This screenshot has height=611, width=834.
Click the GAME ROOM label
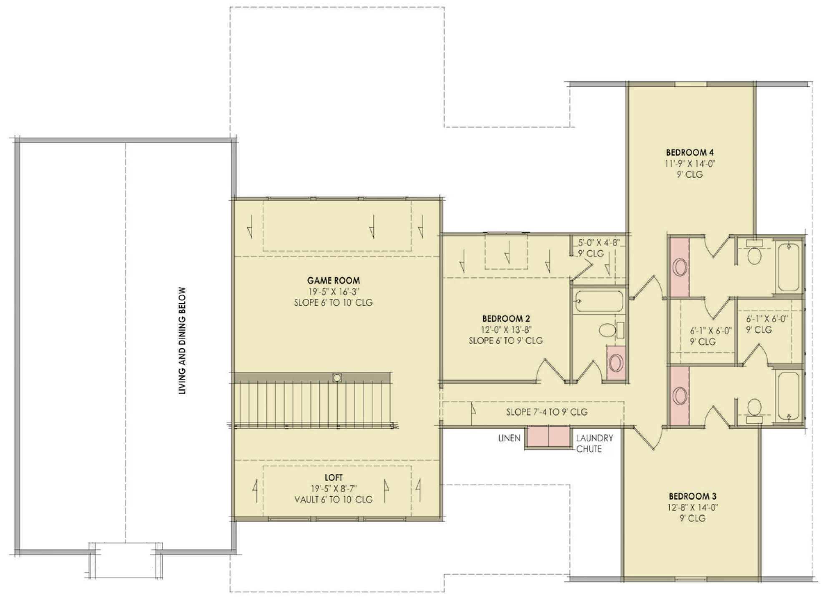coord(333,280)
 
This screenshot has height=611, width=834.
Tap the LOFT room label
coord(333,477)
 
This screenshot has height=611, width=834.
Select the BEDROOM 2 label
coord(506,319)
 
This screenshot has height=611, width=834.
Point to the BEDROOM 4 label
coord(690,152)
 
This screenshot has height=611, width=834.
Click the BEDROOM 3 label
coord(693,496)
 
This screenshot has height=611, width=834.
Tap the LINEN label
coord(509,438)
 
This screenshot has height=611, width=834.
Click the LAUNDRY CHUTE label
coord(595,443)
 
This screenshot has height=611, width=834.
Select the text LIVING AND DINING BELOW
coord(182,340)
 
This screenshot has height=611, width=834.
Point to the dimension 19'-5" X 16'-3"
coord(333,291)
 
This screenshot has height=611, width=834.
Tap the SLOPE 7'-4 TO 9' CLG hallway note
coord(547,412)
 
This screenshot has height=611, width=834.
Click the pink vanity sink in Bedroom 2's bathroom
coord(616,362)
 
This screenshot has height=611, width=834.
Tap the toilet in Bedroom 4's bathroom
coord(754,252)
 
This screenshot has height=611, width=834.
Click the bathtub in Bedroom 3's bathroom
coord(789,396)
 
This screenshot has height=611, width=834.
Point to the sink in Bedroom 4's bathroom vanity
coord(680,267)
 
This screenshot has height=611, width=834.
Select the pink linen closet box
coord(548,436)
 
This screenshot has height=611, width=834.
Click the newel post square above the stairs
coord(337,377)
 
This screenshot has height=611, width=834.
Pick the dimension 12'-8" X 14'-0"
coord(693,508)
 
